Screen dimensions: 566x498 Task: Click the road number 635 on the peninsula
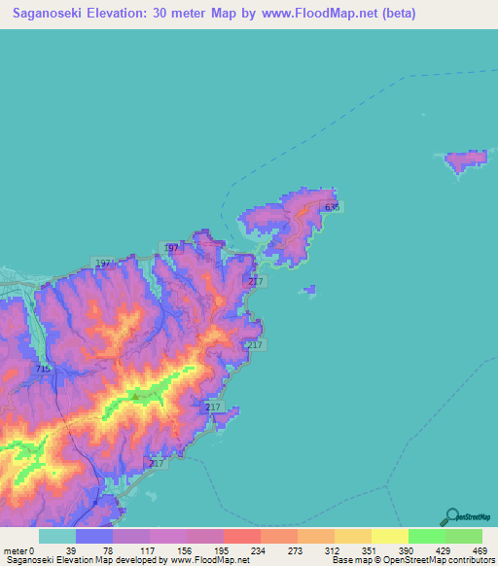coord(334,207)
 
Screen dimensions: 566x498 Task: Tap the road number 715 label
coord(42,370)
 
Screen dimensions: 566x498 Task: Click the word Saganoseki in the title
coord(47,13)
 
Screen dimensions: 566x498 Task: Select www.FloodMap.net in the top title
coord(332,13)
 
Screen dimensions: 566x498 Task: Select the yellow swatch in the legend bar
coord(389,536)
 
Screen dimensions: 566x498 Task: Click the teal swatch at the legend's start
coord(56,536)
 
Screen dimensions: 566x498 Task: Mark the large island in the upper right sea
coord(467,161)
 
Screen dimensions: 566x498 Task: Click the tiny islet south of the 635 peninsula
coord(309,289)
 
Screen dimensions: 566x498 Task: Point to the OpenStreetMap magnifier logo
coord(450,517)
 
